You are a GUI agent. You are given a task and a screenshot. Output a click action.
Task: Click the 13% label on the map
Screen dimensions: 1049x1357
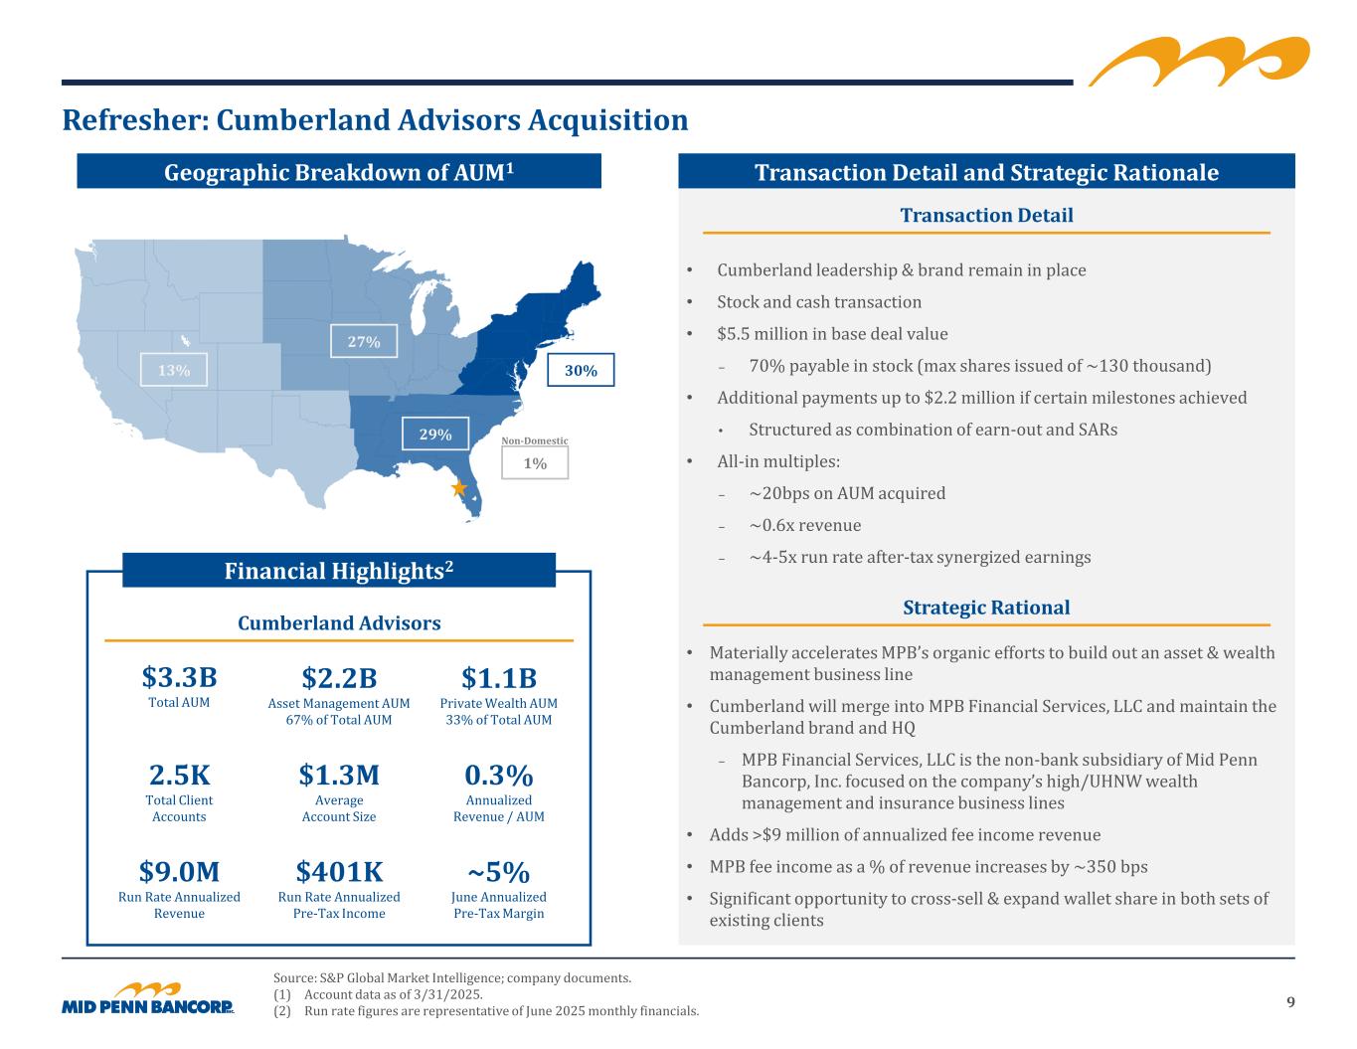point(174,370)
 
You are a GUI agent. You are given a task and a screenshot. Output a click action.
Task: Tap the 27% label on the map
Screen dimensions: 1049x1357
point(364,341)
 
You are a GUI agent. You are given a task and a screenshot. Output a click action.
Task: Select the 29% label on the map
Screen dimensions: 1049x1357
point(434,435)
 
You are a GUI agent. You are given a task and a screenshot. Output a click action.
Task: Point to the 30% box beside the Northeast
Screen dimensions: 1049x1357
point(581,370)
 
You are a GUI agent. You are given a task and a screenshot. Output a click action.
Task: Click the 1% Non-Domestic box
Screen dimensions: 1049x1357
point(535,463)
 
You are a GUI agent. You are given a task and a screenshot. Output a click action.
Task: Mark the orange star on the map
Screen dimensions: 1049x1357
point(458,488)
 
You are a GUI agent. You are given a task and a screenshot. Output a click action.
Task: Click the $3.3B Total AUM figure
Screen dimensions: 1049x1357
point(179,678)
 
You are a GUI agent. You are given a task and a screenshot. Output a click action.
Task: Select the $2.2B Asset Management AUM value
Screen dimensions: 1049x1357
point(339,678)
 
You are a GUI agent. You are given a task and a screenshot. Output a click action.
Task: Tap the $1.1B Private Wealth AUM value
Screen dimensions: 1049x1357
point(499,678)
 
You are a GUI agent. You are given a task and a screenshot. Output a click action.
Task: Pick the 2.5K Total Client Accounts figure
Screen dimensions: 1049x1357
point(179,775)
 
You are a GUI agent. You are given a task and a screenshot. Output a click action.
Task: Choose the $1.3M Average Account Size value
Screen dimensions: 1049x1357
point(339,775)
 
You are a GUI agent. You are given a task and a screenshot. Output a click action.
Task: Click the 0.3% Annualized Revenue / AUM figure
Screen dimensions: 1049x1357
point(499,775)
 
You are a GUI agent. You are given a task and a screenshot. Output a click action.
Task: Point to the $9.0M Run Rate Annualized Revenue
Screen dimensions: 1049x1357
point(179,872)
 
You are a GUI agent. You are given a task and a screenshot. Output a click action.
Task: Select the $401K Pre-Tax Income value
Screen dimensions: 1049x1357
point(339,872)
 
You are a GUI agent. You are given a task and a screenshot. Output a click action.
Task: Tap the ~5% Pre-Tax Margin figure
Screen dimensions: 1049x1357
point(499,872)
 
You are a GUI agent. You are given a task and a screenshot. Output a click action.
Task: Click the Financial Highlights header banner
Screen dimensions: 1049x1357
point(339,571)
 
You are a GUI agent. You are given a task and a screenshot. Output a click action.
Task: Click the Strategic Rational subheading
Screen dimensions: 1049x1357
point(986,608)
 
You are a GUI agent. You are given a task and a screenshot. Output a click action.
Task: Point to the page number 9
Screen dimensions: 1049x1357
point(1290,1002)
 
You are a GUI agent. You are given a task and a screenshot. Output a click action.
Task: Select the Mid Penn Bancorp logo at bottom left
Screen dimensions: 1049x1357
point(148,999)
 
